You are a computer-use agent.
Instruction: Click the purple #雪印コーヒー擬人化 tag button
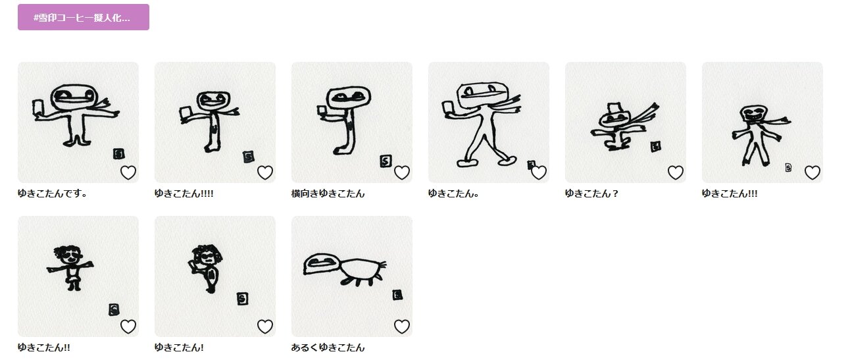coord(84,17)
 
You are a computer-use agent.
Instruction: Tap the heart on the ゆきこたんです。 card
coord(128,173)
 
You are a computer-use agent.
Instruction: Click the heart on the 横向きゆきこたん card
coord(402,173)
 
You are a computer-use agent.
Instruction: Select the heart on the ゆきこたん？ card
coord(676,173)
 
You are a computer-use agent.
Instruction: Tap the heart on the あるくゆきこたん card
coord(402,326)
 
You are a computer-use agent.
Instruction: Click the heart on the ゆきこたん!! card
coord(128,326)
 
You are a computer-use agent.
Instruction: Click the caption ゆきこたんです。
coord(53,193)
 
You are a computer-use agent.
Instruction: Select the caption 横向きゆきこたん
coord(328,193)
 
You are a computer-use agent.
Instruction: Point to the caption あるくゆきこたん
coord(328,347)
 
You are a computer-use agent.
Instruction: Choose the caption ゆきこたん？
coord(591,193)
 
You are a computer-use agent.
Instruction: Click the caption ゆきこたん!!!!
coord(184,193)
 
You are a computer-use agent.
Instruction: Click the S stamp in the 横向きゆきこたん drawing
coord(385,161)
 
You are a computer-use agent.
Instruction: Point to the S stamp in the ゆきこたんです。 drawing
coord(119,154)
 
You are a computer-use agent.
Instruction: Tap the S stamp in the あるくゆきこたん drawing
coord(397,295)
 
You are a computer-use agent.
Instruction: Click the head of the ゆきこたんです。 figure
coord(73,97)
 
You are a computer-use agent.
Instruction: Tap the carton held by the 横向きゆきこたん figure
coord(322,111)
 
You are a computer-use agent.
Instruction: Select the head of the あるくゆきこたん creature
coord(321,264)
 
